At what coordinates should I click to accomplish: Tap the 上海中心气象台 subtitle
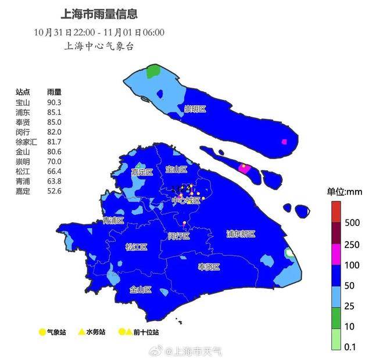[x=99, y=46]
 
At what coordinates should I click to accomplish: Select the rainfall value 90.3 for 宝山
[x=54, y=103]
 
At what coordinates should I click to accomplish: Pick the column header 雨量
[x=54, y=92]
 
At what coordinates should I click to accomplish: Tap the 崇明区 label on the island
[x=195, y=109]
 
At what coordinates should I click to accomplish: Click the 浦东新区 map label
[x=241, y=234]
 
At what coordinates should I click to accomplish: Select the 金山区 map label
[x=141, y=289]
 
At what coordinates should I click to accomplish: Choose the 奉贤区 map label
[x=209, y=267]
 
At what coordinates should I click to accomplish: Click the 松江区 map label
[x=137, y=247]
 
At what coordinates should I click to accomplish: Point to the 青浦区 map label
[x=113, y=221]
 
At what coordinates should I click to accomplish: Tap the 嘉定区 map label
[x=141, y=172]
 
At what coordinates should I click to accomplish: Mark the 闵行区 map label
[x=178, y=236]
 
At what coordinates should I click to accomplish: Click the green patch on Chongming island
[x=153, y=72]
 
